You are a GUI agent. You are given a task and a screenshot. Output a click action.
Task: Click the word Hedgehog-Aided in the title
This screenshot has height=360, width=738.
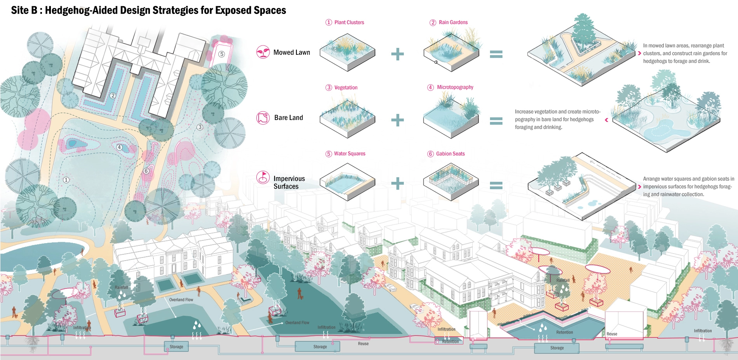[x=81, y=10]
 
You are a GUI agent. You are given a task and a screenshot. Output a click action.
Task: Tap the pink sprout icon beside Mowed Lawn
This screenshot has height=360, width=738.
[x=263, y=52]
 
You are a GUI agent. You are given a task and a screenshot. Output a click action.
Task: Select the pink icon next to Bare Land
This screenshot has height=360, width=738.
[x=263, y=118]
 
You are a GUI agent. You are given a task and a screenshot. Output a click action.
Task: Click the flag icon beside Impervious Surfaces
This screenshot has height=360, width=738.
[x=263, y=177]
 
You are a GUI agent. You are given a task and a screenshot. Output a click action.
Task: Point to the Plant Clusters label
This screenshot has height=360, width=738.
[x=349, y=23]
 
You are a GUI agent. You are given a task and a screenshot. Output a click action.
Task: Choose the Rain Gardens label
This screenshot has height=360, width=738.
[x=453, y=23]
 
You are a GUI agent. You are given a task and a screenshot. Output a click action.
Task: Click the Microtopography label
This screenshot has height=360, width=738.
[x=455, y=87]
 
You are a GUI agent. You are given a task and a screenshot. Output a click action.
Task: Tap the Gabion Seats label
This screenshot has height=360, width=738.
[x=450, y=154]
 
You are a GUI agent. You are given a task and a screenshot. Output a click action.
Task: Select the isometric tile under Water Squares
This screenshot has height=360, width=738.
[x=347, y=182]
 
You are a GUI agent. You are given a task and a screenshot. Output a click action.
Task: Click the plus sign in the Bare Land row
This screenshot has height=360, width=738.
[x=397, y=120]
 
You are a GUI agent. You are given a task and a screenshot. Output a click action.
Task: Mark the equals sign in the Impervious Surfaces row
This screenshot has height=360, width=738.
[x=496, y=185]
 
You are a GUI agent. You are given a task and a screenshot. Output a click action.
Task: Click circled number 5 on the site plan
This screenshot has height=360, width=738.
[x=221, y=54]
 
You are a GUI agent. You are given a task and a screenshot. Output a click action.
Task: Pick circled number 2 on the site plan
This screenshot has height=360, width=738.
[x=113, y=96]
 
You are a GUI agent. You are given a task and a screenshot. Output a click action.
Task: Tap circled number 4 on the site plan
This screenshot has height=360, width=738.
[x=119, y=147]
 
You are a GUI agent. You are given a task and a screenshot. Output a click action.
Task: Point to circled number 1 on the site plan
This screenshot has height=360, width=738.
[x=66, y=180]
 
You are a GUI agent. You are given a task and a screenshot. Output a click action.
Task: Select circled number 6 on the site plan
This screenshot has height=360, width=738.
[x=146, y=171]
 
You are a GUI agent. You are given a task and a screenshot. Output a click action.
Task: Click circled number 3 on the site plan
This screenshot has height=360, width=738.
[x=200, y=127]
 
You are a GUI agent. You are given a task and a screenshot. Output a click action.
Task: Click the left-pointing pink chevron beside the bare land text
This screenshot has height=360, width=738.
[x=607, y=120]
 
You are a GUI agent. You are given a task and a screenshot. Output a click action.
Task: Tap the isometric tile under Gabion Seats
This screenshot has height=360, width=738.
[x=451, y=182]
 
